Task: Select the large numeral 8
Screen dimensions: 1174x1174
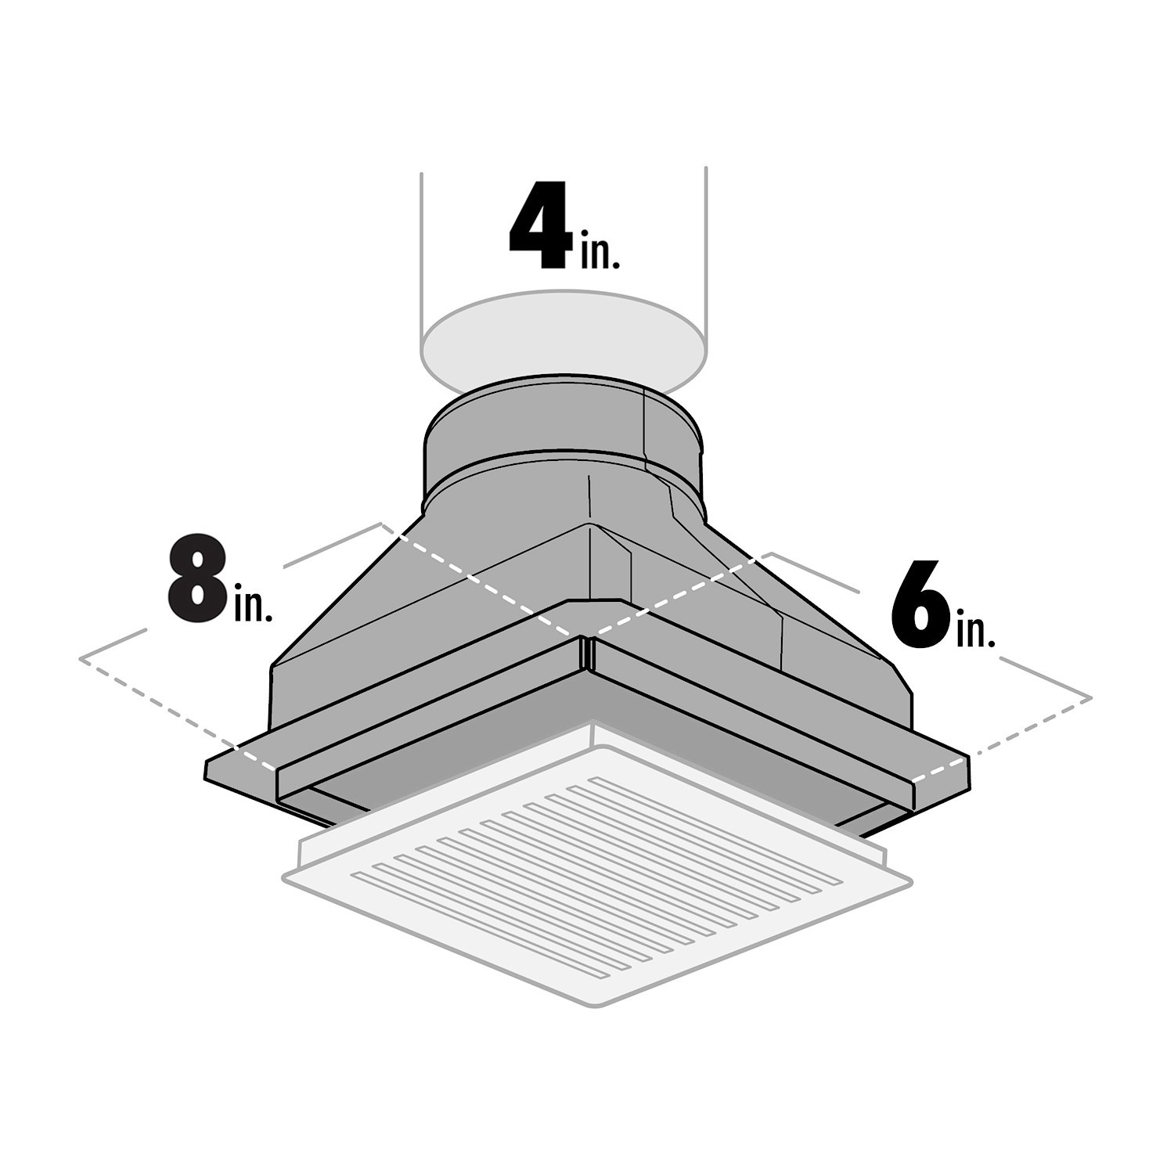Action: pyautogui.click(x=196, y=580)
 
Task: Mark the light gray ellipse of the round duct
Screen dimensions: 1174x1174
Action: pyautogui.click(x=560, y=337)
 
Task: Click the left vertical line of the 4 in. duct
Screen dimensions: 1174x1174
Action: pyautogui.click(x=421, y=258)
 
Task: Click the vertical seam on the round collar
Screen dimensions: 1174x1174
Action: pyautogui.click(x=644, y=430)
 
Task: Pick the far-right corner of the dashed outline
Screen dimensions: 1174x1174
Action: pyautogui.click(x=1091, y=697)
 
